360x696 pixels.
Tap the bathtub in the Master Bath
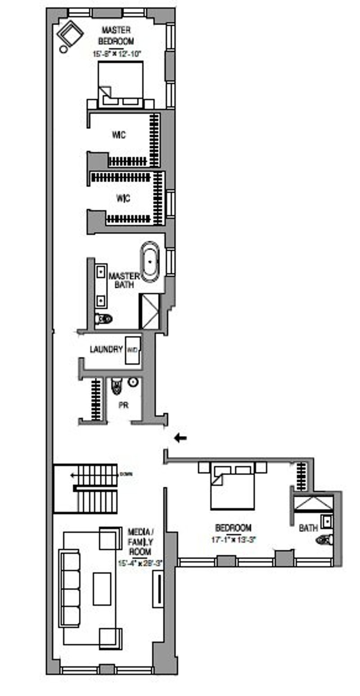point(150,262)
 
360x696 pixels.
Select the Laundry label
point(106,349)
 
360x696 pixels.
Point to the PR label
point(123,405)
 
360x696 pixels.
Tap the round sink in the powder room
point(133,382)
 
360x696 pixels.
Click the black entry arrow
point(180,437)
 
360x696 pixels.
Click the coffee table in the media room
point(102,589)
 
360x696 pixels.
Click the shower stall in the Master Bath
point(149,311)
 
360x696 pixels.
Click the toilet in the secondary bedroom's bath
point(325,539)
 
